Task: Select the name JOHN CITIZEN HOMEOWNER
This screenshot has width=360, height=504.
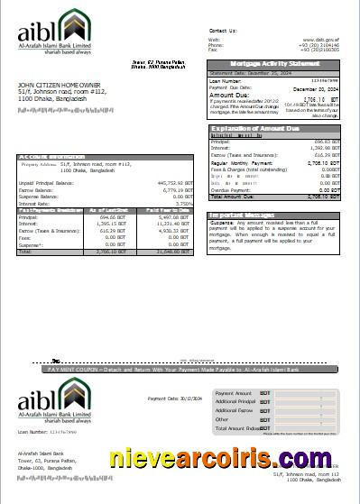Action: point(60,85)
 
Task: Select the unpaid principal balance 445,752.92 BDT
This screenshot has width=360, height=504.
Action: point(171,183)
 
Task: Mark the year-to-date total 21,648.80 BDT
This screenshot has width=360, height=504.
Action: point(173,252)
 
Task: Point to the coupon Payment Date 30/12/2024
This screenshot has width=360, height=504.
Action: point(172,398)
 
